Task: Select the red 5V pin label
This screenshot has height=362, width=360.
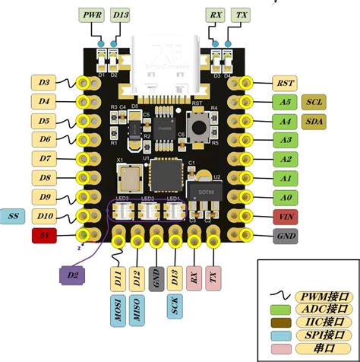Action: tap(45, 236)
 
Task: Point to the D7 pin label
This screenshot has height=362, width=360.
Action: tap(45, 159)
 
